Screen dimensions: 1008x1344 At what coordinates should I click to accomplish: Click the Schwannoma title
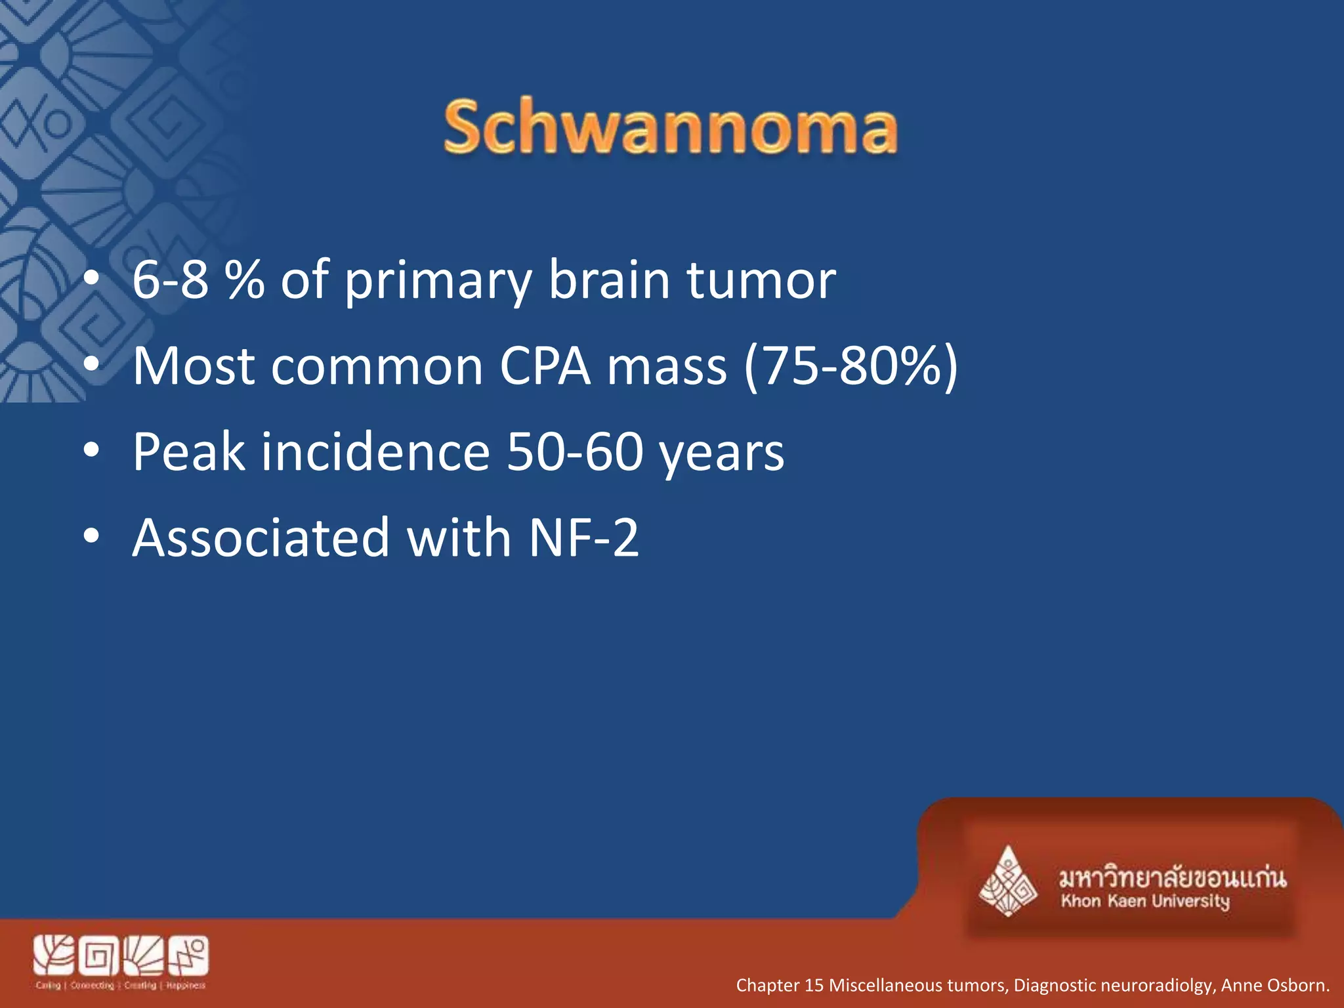[x=670, y=128]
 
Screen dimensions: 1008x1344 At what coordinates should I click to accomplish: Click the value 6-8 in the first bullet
[x=170, y=280]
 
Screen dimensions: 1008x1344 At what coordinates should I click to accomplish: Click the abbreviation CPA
[x=545, y=366]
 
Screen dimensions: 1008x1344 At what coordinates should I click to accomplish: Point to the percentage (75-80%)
[x=850, y=366]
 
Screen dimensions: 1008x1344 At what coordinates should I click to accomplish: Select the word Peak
[x=189, y=452]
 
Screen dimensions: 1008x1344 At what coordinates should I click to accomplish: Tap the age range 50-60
[x=575, y=452]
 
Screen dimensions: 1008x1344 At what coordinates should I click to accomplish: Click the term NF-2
[x=583, y=538]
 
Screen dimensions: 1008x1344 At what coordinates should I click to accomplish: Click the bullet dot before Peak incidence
[x=91, y=451]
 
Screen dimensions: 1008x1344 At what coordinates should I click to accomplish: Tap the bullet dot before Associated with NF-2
[x=91, y=537]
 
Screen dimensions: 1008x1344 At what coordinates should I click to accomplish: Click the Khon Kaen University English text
[x=1144, y=901]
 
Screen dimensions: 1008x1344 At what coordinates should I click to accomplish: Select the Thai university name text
[x=1172, y=877]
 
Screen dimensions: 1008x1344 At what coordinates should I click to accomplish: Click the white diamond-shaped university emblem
[x=1007, y=883]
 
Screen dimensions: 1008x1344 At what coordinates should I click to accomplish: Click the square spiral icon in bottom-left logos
[x=98, y=957]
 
